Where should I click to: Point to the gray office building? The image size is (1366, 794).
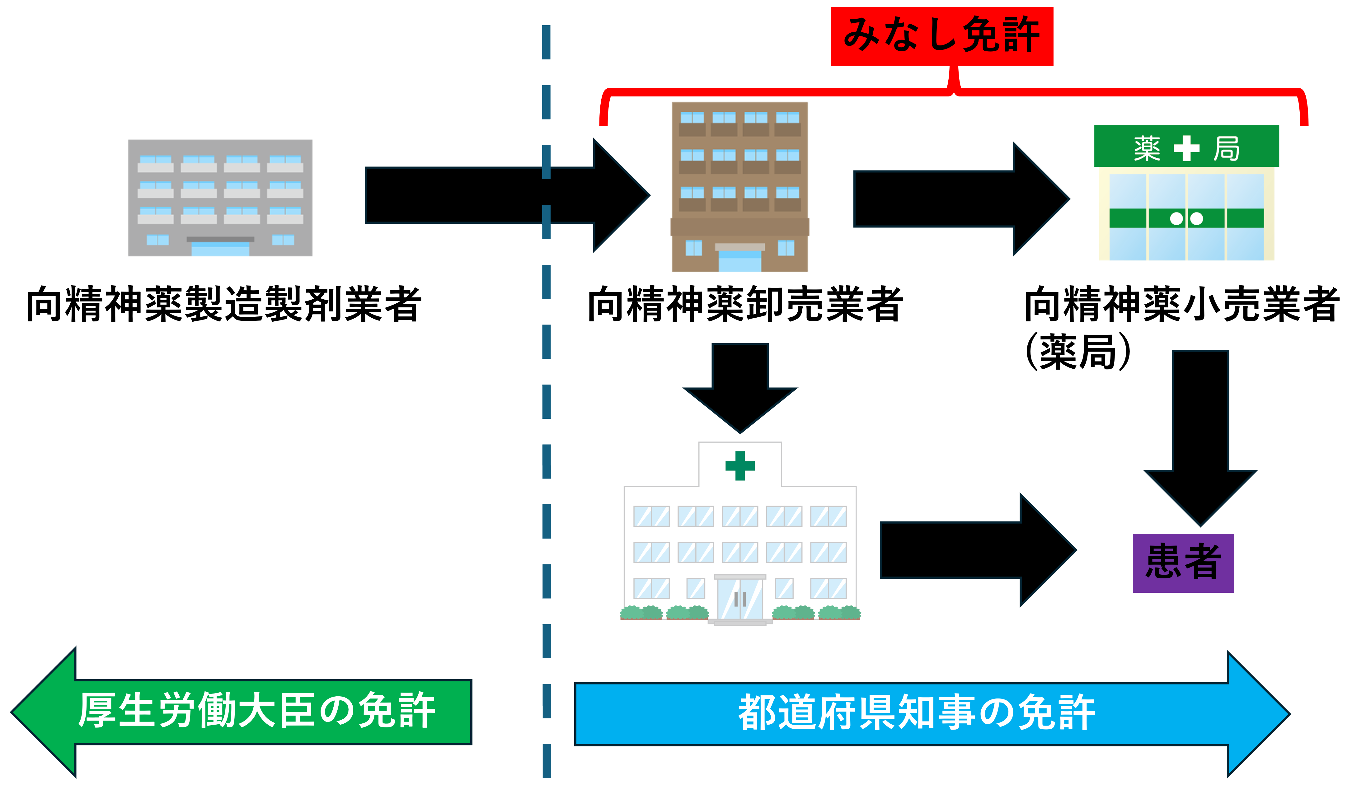(x=221, y=198)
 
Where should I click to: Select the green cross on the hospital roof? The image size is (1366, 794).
(x=740, y=465)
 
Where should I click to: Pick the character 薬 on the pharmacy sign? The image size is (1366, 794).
(x=1147, y=148)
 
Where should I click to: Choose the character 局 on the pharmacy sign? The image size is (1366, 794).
(x=1226, y=148)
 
